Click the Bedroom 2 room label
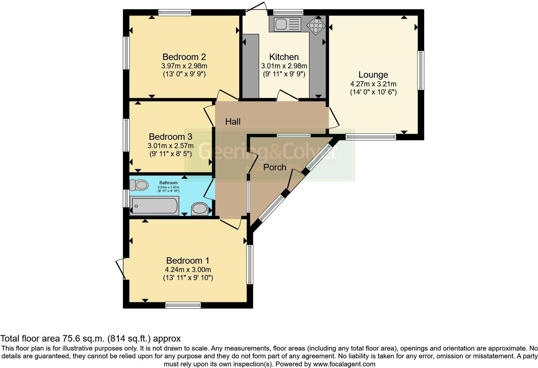[184, 57]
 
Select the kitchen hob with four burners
[316, 26]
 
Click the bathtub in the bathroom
[154, 206]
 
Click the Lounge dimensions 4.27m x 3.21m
[373, 84]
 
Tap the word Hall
[233, 122]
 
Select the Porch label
[274, 167]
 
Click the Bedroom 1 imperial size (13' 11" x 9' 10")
[188, 278]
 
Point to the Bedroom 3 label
[170, 137]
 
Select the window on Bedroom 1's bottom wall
[183, 305]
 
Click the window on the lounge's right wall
[420, 70]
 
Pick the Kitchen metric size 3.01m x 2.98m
[284, 66]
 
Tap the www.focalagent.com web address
[344, 364]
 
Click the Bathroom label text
[168, 183]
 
